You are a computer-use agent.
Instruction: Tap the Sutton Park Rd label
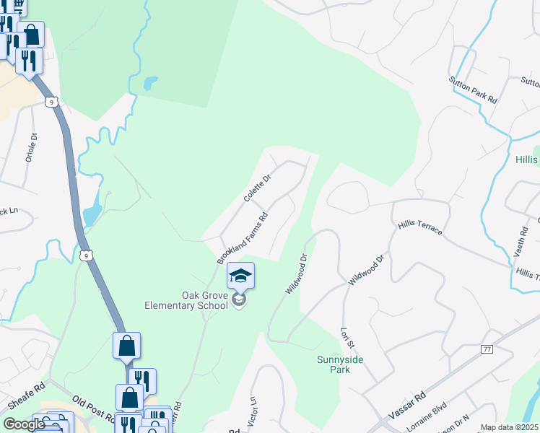(473, 90)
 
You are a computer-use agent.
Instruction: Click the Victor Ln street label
(253, 409)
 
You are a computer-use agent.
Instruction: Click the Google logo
(25, 424)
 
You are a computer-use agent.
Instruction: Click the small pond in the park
(149, 83)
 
